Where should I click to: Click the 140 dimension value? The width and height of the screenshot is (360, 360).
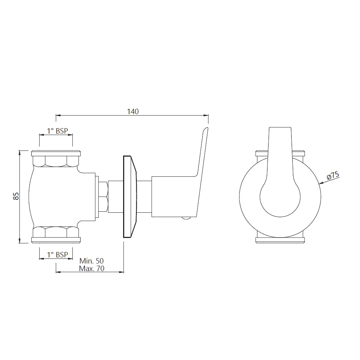pyautogui.click(x=133, y=112)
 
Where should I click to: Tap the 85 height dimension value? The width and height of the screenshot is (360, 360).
pyautogui.click(x=16, y=196)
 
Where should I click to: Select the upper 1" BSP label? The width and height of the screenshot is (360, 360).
pyautogui.click(x=58, y=131)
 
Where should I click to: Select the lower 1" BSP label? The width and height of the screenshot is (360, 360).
pyautogui.click(x=58, y=255)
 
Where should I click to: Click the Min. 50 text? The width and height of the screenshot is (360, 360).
pyautogui.click(x=91, y=261)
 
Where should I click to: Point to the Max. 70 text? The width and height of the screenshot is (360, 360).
pyautogui.click(x=91, y=269)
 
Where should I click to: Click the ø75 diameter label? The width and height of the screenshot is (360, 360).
pyautogui.click(x=333, y=176)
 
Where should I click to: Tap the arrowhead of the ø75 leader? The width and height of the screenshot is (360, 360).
pyautogui.click(x=320, y=183)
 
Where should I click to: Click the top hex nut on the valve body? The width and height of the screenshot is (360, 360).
pyautogui.click(x=56, y=161)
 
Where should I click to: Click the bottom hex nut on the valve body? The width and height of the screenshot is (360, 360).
pyautogui.click(x=56, y=232)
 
